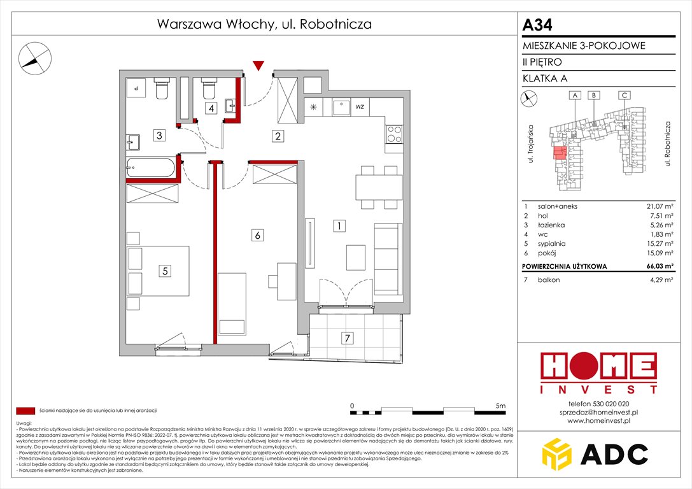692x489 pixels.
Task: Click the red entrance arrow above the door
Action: click(258, 66)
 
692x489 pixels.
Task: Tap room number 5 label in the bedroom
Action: click(165, 271)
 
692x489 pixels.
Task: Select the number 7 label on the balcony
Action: click(346, 338)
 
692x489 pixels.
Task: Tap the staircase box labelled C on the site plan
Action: click(625, 96)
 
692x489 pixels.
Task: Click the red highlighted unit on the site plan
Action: click(560, 153)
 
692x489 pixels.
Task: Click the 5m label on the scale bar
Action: click(500, 405)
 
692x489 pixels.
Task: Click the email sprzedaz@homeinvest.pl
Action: click(598, 412)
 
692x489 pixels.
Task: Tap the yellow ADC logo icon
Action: click(556, 453)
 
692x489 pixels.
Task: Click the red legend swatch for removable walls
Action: click(25, 411)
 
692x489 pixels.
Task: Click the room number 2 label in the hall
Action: click(278, 136)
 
